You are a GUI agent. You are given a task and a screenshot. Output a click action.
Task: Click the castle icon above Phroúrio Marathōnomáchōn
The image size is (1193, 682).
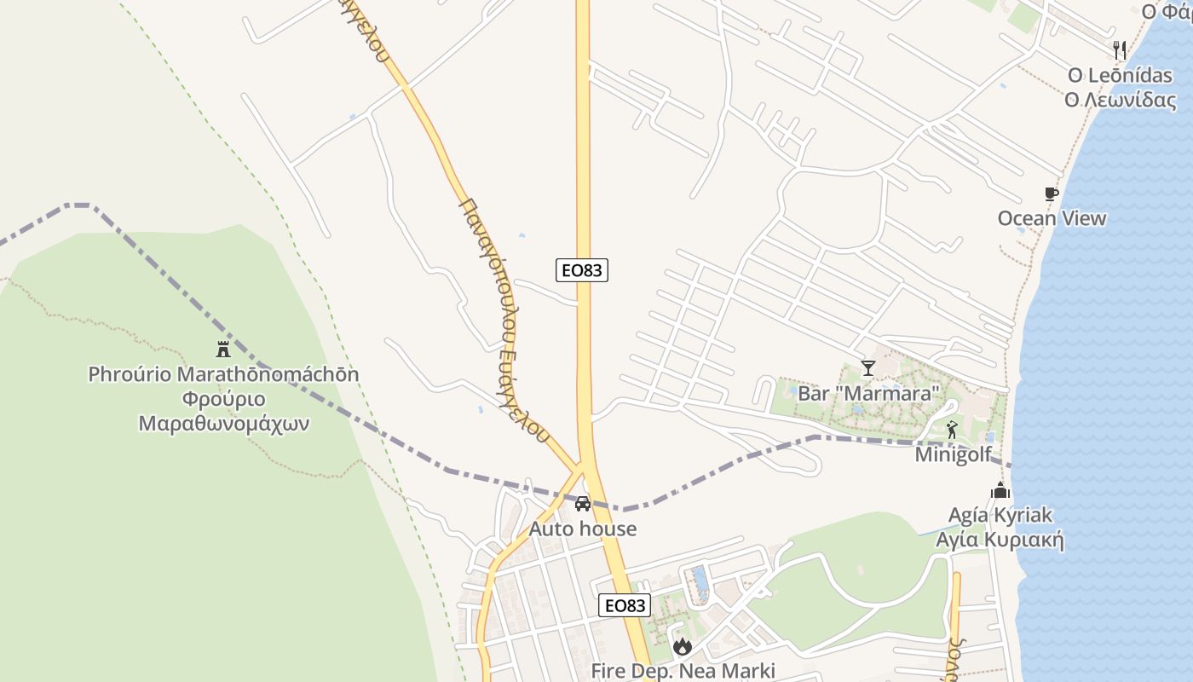(x=223, y=349)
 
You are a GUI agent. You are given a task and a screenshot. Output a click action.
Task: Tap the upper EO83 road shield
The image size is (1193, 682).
(x=583, y=270)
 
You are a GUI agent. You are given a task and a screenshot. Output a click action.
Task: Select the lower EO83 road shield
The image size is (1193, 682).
(x=625, y=605)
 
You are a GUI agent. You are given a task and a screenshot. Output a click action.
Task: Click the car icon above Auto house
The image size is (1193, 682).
(x=583, y=504)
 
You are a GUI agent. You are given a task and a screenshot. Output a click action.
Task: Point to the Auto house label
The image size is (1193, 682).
(x=583, y=529)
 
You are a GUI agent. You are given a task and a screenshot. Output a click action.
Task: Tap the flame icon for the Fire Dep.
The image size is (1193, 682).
(x=682, y=647)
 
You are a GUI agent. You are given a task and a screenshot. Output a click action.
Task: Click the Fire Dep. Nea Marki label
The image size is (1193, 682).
(x=683, y=671)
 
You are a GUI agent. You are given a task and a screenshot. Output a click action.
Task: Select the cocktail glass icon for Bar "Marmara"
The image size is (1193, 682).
(x=868, y=368)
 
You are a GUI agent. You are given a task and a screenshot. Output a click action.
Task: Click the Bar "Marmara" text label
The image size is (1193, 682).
(x=868, y=393)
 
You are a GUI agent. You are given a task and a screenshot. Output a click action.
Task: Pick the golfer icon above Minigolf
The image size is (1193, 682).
(x=952, y=430)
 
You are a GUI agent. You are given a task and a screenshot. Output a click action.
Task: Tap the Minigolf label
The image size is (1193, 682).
(x=954, y=454)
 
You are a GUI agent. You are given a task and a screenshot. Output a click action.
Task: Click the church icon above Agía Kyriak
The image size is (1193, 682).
(x=1000, y=491)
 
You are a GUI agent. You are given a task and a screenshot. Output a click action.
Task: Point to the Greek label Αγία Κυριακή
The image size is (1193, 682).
(x=1000, y=540)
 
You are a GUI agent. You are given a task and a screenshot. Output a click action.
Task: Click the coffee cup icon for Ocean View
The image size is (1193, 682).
(x=1052, y=194)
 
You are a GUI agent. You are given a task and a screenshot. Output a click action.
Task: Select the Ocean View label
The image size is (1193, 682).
(x=1052, y=218)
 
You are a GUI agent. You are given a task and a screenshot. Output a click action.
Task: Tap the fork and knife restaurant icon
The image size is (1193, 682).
(x=1120, y=50)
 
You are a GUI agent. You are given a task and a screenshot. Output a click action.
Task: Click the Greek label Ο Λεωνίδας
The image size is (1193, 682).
(x=1120, y=100)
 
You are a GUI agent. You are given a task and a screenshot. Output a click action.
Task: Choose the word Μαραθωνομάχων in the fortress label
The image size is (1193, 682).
(x=223, y=423)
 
